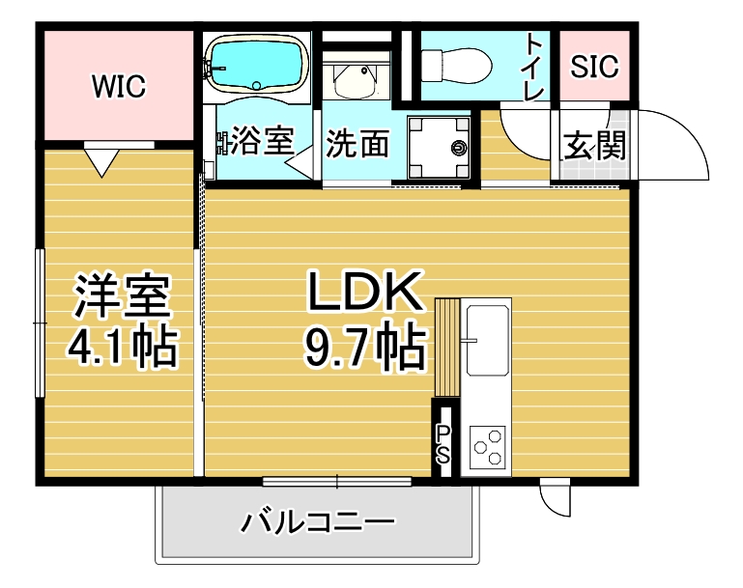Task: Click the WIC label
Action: (x=119, y=86)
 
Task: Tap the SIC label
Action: (x=594, y=66)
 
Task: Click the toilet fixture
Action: (x=456, y=65)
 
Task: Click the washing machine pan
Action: (x=439, y=147)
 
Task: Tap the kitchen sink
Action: (x=487, y=340)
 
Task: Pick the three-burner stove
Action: (x=488, y=446)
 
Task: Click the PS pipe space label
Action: (x=443, y=444)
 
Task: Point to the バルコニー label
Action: (x=318, y=521)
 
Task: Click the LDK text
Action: (x=365, y=292)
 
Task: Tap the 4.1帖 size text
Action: (x=123, y=348)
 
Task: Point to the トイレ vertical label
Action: (x=534, y=68)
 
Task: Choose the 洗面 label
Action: (x=357, y=144)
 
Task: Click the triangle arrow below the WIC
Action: (x=101, y=162)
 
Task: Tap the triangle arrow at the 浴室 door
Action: (x=299, y=163)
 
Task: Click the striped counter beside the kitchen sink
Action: (x=447, y=347)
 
